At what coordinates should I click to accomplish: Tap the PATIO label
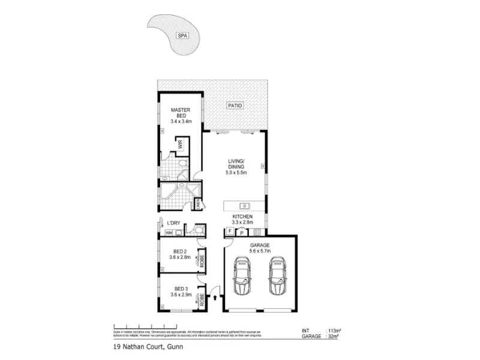235,106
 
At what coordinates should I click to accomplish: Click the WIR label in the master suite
179,145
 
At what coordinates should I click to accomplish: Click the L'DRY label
174,224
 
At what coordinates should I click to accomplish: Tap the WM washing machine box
169,232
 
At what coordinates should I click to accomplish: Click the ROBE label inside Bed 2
202,261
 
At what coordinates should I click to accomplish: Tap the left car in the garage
242,276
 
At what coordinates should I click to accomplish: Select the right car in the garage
277,276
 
